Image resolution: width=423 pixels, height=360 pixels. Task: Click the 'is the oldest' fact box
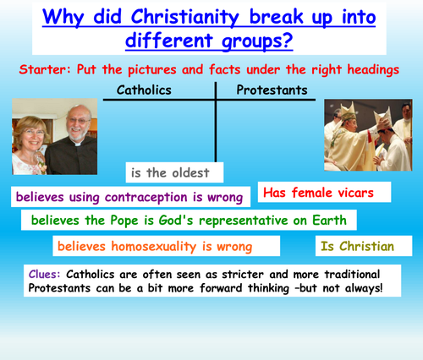174,172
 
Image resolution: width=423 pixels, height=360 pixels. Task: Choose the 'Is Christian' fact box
357,247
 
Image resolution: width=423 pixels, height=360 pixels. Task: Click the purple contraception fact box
130,198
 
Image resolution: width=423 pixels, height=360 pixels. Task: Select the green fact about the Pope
189,221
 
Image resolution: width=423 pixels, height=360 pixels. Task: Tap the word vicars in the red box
356,194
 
